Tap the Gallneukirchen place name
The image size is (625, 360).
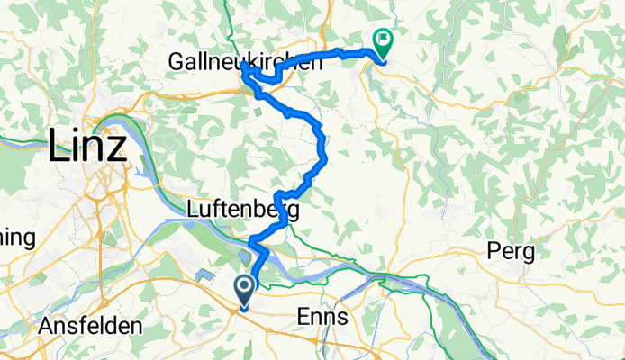tap(245, 63)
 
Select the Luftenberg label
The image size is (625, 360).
tap(242, 210)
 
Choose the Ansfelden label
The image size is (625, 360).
tap(90, 326)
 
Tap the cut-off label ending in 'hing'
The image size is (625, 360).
tap(16, 238)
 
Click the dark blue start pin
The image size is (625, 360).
tap(244, 292)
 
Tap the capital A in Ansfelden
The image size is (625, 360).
tap(46, 326)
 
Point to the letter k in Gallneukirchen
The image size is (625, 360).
tap(264, 63)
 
